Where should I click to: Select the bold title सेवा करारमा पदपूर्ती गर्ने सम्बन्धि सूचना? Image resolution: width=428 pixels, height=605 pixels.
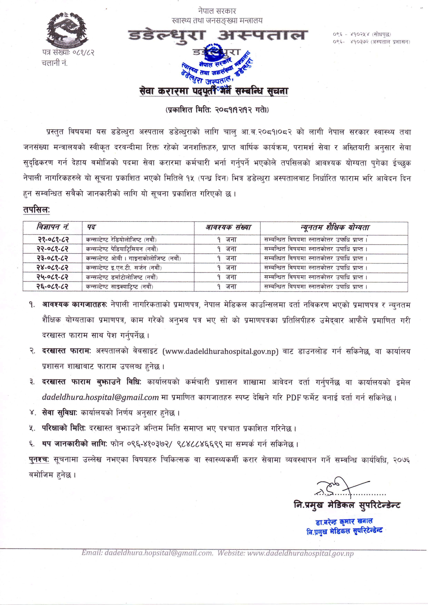click(x=214, y=91)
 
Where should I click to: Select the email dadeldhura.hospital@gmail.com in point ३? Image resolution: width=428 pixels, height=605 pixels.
click(x=100, y=397)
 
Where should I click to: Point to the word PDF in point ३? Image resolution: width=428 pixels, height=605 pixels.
click(x=293, y=397)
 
